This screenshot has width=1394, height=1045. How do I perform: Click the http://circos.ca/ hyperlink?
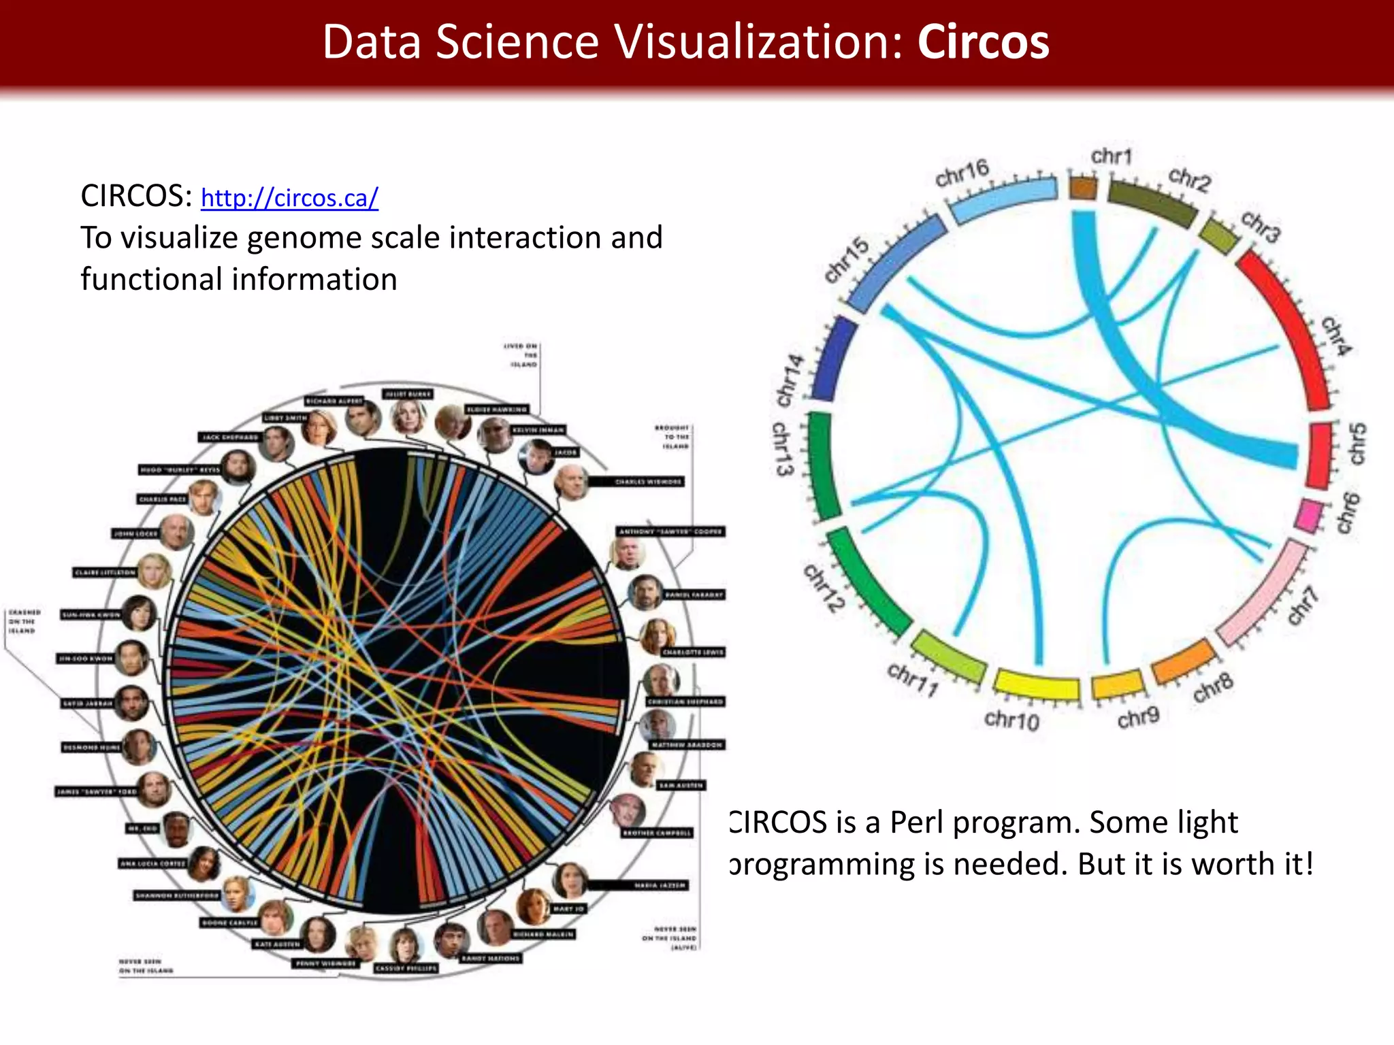pos(289,198)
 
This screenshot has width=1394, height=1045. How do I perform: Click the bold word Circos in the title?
pos(983,42)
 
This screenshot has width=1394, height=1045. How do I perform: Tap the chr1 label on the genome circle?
pos(1111,156)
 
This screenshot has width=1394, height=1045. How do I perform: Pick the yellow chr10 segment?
pos(1036,684)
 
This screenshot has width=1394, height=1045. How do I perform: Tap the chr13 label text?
pos(783,449)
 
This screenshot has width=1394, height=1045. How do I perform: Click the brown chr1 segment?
pos(1083,187)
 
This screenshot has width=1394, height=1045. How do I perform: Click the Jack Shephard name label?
pos(231,437)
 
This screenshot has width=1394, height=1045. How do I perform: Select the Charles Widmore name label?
pos(647,482)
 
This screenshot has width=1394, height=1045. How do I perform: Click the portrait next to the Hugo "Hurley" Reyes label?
pos(238,467)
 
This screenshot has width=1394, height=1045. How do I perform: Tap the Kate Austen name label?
pos(277,944)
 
